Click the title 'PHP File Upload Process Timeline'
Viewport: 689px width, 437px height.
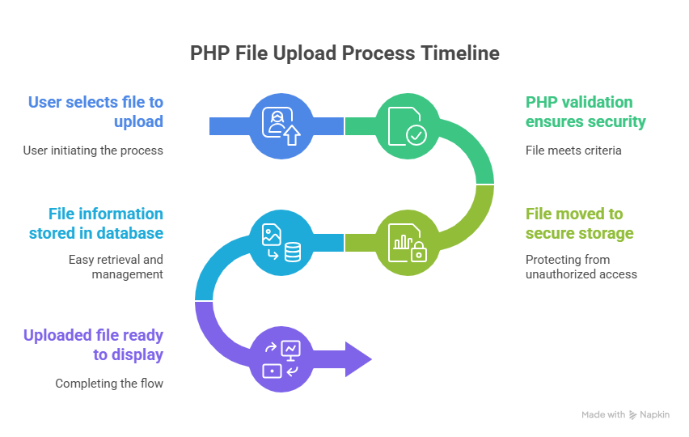[x=344, y=53]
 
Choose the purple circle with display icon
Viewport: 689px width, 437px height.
[x=281, y=359]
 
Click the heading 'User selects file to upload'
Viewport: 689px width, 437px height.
[x=95, y=112]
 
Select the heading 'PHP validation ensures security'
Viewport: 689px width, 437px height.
[x=585, y=112]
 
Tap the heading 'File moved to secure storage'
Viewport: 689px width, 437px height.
[x=579, y=223]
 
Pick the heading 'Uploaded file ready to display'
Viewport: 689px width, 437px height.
[x=93, y=345]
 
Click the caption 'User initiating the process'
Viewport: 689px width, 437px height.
[x=92, y=151]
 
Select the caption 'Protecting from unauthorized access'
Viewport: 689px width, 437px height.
[x=581, y=267]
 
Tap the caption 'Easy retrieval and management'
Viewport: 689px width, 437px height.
[x=116, y=267]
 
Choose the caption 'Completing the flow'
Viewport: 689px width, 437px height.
[x=109, y=384]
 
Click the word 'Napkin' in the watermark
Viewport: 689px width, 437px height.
[x=656, y=415]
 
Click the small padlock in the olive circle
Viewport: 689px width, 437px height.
[x=418, y=253]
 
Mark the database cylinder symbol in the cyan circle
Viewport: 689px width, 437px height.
[x=292, y=252]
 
